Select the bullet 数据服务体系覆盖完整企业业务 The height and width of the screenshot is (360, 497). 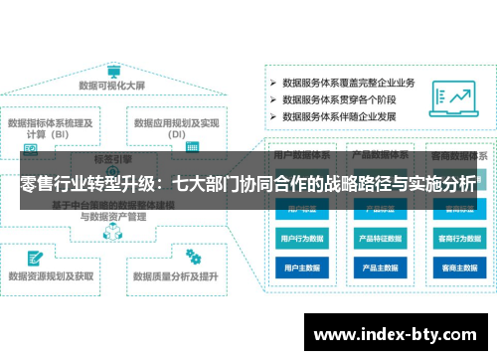348,83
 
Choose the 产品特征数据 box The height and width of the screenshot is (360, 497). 379,239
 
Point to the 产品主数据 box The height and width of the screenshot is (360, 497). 379,268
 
